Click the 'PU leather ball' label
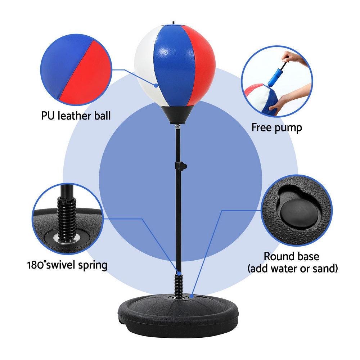pyautogui.click(x=76, y=116)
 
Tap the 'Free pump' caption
pyautogui.click(x=276, y=127)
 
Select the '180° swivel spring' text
pyautogui.click(x=67, y=265)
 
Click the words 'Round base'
pyautogui.click(x=291, y=257)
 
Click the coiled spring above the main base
pyautogui.click(x=178, y=286)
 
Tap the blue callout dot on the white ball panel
pyautogui.click(x=156, y=85)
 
